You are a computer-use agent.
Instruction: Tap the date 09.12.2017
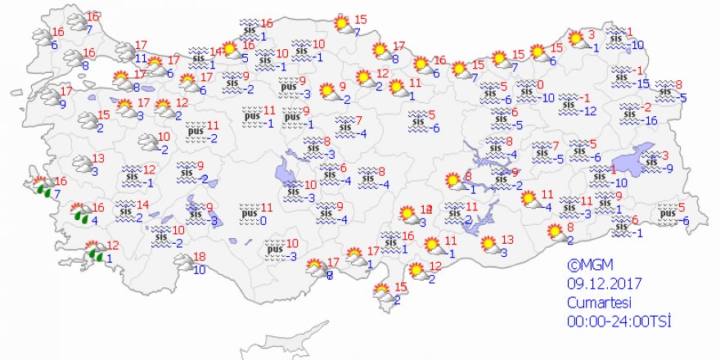click(605, 285)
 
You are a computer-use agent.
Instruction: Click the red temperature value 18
click(200, 258)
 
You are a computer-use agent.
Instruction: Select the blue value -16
click(649, 120)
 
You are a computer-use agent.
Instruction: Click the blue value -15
click(643, 83)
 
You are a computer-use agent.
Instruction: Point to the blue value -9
click(668, 169)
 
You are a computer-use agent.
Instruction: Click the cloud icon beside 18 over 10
click(183, 263)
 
